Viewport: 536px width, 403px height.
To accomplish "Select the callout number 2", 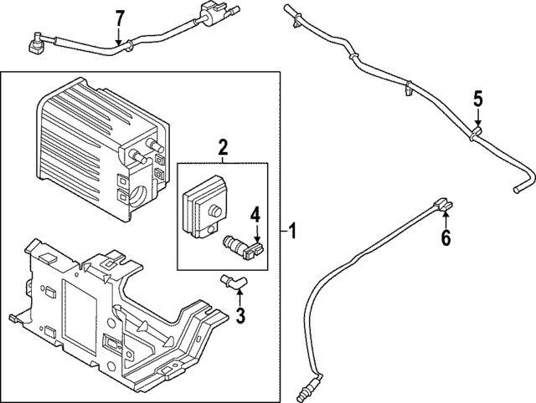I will pyautogui.click(x=223, y=149).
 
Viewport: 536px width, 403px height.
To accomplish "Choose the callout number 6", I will pyautogui.click(x=446, y=238).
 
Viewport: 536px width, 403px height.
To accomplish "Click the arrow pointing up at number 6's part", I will pyautogui.click(x=446, y=217).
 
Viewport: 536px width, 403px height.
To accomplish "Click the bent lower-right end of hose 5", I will pyautogui.click(x=523, y=195).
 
